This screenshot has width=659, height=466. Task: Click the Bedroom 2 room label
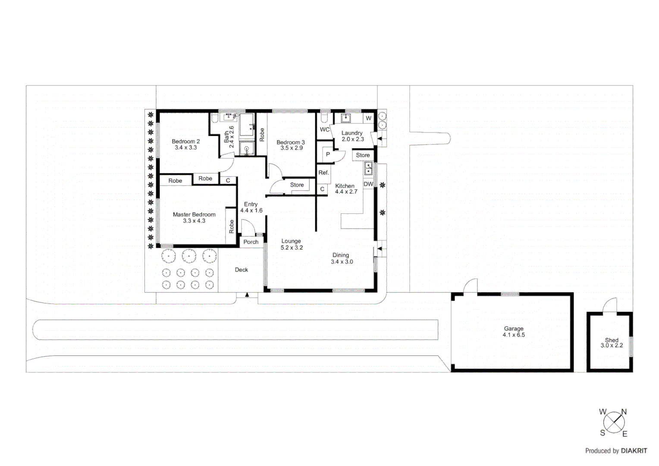185,142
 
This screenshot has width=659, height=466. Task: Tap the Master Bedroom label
194,214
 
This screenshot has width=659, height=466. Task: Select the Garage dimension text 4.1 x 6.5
514,335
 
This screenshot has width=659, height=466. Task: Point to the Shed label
612,340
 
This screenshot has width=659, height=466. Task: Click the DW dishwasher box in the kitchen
368,184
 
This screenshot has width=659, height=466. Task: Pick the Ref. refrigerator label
323,173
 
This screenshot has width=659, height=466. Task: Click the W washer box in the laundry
368,118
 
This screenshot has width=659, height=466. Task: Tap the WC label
325,129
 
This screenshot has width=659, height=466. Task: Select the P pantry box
328,154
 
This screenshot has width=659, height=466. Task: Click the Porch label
251,242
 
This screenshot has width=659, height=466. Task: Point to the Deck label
242,270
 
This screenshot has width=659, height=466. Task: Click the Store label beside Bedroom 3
297,185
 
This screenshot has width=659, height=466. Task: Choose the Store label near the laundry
363,155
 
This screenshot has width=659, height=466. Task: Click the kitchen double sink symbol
368,168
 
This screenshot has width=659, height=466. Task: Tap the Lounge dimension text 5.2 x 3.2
292,248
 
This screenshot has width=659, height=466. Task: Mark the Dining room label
341,255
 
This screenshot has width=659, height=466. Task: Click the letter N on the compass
624,412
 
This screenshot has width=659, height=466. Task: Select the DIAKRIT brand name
634,451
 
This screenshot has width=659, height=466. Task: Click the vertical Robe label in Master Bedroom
232,227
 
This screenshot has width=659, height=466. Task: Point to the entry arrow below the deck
247,295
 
